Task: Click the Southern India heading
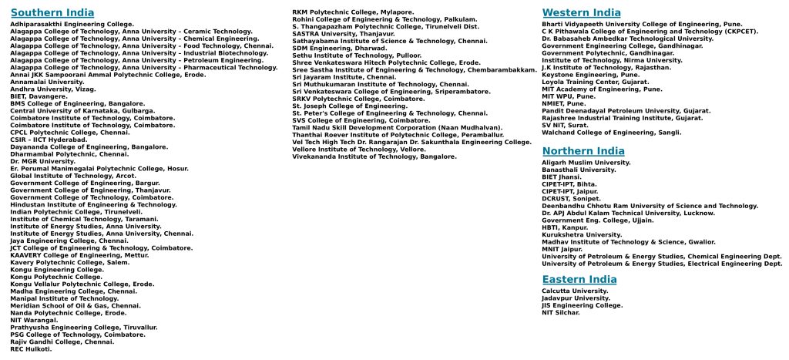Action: (52, 13)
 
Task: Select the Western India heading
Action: (581, 12)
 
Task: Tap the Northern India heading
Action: (583, 151)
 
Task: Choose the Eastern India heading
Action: (579, 279)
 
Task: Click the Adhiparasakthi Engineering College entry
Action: (72, 25)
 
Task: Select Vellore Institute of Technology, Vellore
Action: (358, 149)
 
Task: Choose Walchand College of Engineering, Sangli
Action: (611, 133)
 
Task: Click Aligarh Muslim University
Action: (586, 163)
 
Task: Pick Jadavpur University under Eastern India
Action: (576, 298)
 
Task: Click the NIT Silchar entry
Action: (561, 312)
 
